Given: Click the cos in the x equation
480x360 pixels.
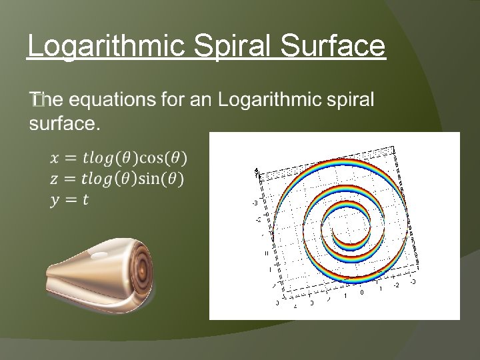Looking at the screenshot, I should click(151, 158).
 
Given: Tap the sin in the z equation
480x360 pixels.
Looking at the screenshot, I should click(149, 179).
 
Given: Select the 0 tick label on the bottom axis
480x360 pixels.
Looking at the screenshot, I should click(361, 291).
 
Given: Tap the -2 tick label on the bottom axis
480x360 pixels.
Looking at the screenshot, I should click(398, 285).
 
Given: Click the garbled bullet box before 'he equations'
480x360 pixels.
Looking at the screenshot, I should click(36, 101).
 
